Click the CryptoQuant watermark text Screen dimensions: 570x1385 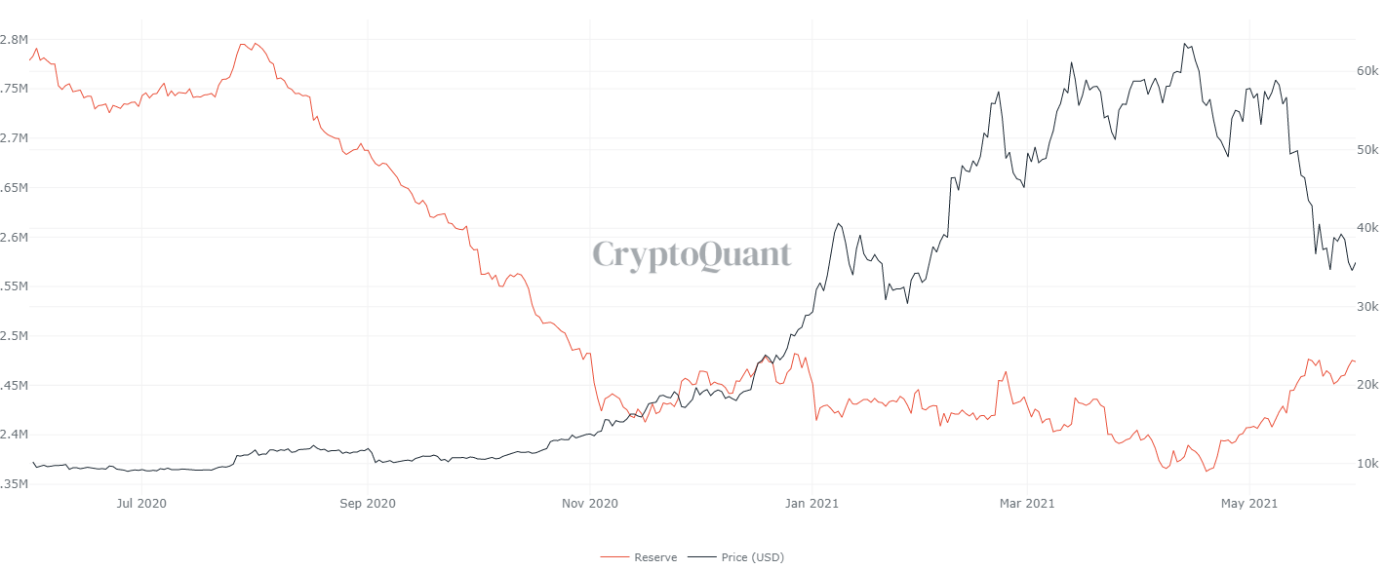(x=692, y=255)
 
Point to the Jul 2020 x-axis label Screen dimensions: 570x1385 (x=141, y=503)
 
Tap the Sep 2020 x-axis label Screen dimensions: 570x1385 (x=368, y=503)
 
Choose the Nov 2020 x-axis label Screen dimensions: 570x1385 (x=590, y=503)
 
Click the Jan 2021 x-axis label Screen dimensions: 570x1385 (x=812, y=503)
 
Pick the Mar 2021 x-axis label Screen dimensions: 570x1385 (x=1028, y=503)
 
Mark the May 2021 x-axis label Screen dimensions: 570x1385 (x=1250, y=503)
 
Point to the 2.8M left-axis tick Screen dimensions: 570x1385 (x=14, y=39)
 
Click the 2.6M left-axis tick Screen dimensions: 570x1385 (x=14, y=237)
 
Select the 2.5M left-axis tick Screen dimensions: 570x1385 (x=14, y=336)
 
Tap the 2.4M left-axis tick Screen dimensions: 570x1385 (x=14, y=435)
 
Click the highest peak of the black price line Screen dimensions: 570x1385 (x=1184, y=44)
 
